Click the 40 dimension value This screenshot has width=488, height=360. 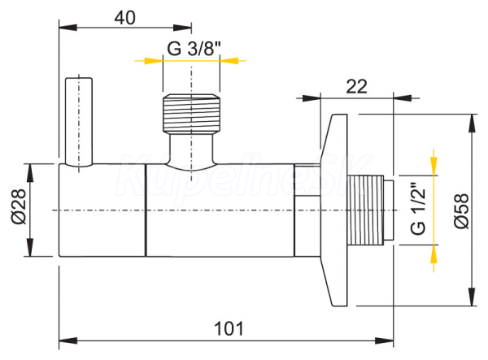[124, 18]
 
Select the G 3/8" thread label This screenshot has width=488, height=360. [194, 49]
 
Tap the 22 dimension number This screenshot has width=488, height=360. [357, 86]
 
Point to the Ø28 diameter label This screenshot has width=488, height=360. [19, 206]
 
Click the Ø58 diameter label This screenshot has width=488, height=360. [461, 211]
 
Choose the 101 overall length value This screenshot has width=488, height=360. [229, 328]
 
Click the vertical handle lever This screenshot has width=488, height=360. [79, 122]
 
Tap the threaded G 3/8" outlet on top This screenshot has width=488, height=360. [191, 113]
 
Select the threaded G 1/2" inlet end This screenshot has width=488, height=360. [370, 210]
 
